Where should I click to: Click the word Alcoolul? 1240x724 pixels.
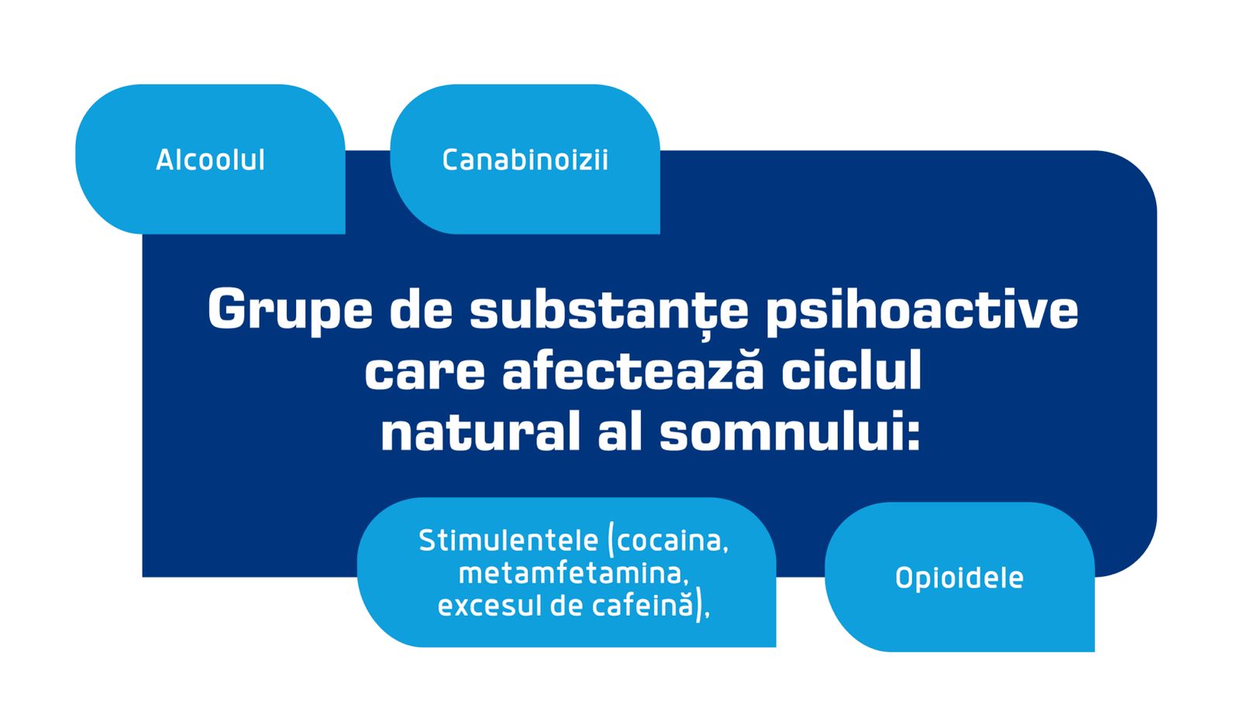coord(210,160)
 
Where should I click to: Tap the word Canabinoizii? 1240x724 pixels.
coord(525,160)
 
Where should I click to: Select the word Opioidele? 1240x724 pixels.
coord(959,578)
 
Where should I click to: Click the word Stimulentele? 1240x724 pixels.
coord(508,540)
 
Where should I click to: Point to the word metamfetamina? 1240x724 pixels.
coord(573,574)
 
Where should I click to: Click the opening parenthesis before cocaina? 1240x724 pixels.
coord(611,540)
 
